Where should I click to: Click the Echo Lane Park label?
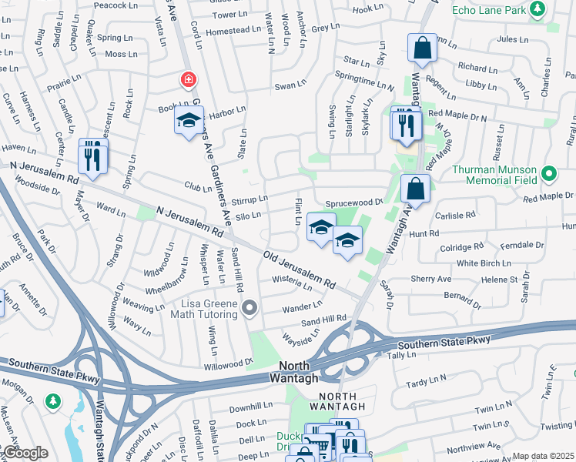(487, 10)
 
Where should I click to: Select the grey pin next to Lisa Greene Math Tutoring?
(249, 310)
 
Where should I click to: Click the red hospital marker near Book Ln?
(187, 79)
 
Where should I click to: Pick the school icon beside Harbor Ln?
(189, 122)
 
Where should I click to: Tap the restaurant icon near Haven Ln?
(93, 157)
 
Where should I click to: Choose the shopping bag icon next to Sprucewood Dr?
(415, 189)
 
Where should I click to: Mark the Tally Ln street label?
(401, 355)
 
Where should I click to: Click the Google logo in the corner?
(25, 453)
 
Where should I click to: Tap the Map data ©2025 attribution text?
(543, 456)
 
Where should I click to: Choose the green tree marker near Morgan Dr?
(52, 401)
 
